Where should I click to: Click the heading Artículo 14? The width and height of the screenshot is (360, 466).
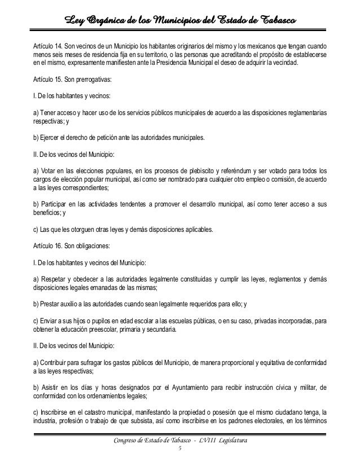tap(46, 45)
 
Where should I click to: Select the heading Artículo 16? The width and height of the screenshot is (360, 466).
tap(46, 246)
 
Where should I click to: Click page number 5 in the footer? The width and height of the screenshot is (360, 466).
tap(179, 449)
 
